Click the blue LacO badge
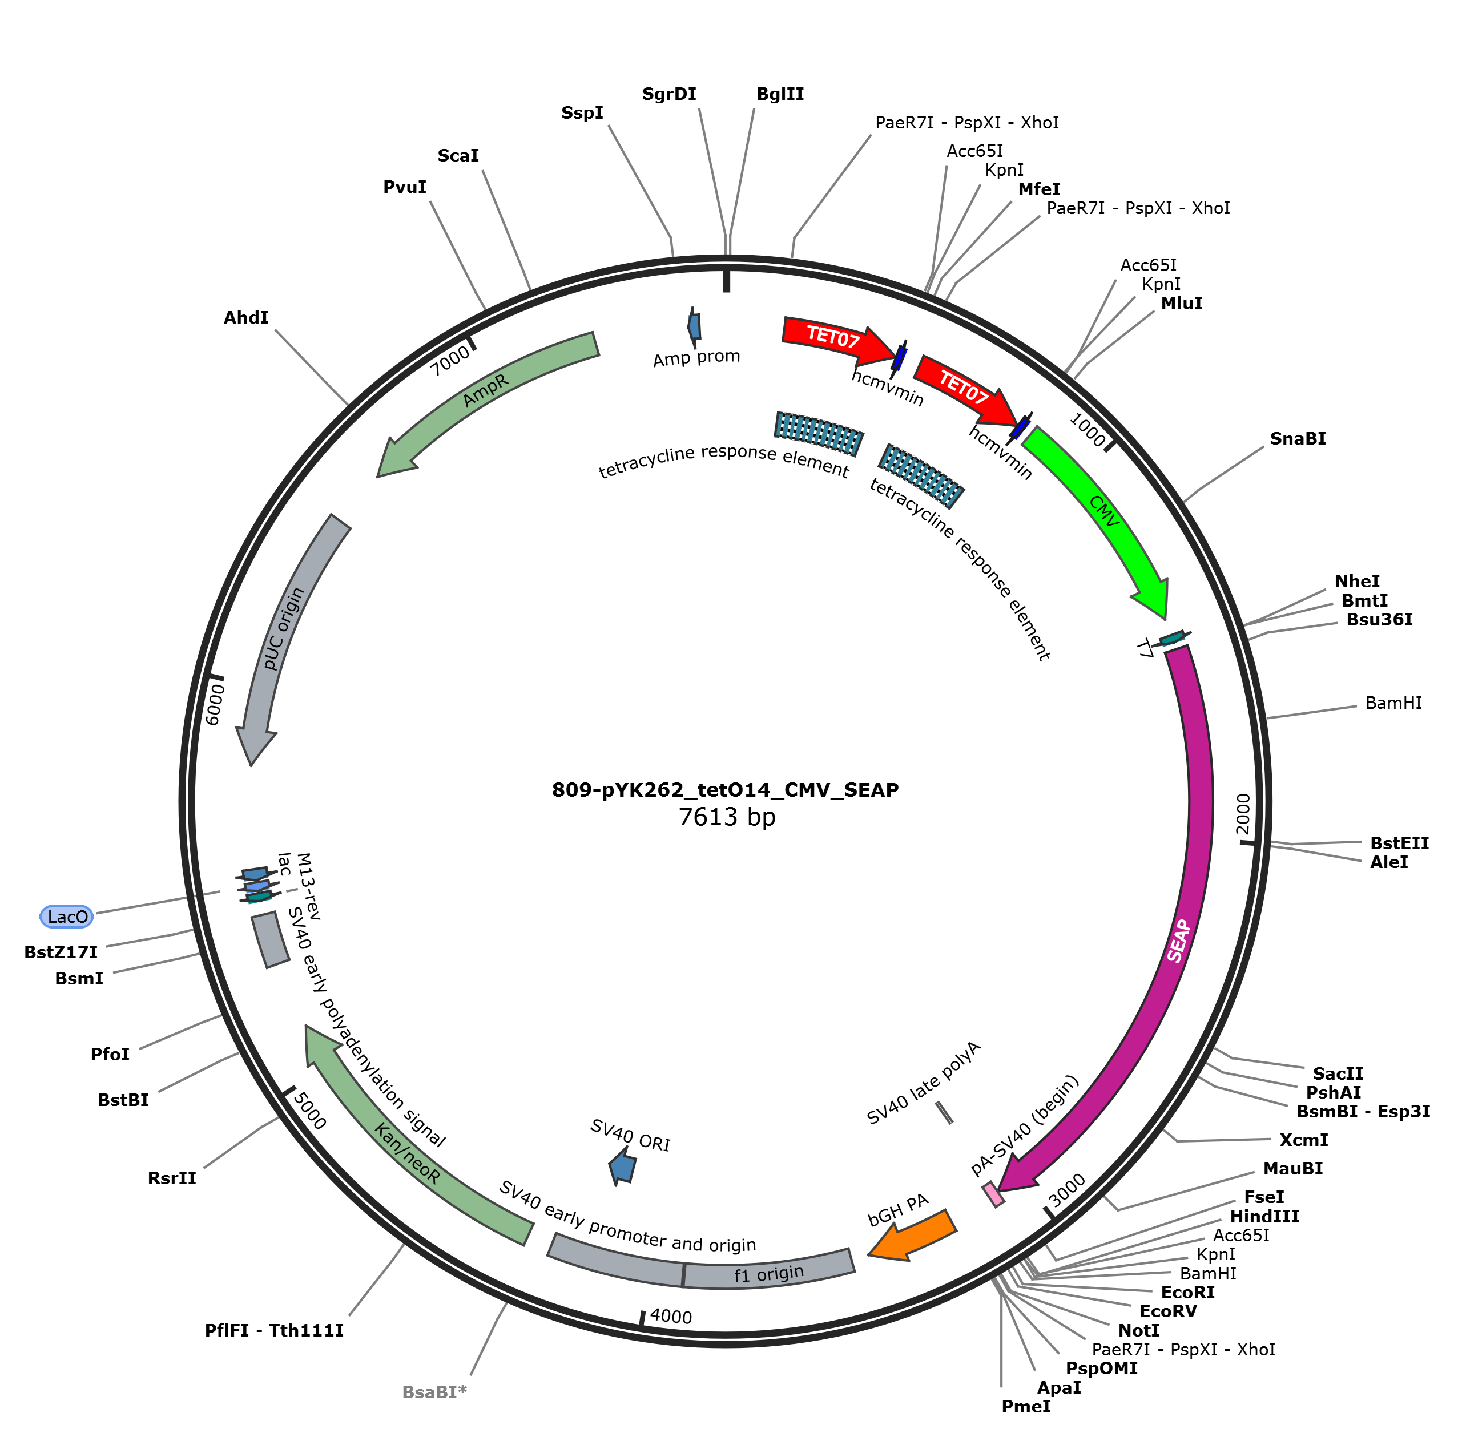[x=67, y=917]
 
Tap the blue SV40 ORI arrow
[x=623, y=1166]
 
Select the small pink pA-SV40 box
[x=993, y=1194]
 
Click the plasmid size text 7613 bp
[x=727, y=817]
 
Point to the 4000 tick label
[x=671, y=1317]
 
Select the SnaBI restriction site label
[x=1298, y=438]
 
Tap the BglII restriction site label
[x=780, y=94]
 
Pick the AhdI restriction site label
[x=246, y=318]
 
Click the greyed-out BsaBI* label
[x=434, y=1392]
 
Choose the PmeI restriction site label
[x=1026, y=1406]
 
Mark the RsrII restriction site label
[x=172, y=1178]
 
